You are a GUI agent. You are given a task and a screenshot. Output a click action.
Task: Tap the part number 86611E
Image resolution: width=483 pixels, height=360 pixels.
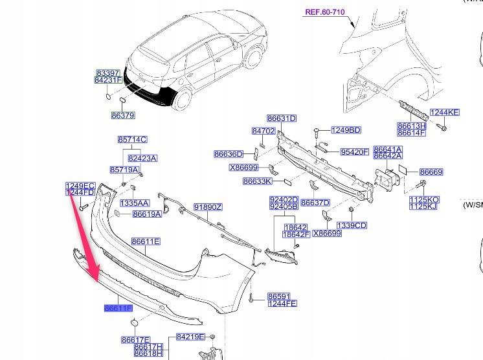pyautogui.click(x=146, y=242)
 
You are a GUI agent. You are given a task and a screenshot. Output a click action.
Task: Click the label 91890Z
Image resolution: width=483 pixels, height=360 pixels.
pyautogui.click(x=208, y=208)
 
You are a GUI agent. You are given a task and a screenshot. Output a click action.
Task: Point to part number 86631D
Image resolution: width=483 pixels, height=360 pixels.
pyautogui.click(x=282, y=118)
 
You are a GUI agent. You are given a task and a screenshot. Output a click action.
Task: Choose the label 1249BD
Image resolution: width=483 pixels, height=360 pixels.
pyautogui.click(x=346, y=130)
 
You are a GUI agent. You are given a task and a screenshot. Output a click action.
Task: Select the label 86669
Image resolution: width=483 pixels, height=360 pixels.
pyautogui.click(x=431, y=172)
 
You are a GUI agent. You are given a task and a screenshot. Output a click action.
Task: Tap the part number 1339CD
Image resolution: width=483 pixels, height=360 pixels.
pyautogui.click(x=352, y=225)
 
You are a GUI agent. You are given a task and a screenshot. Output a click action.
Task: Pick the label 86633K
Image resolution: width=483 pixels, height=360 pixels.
pyautogui.click(x=258, y=182)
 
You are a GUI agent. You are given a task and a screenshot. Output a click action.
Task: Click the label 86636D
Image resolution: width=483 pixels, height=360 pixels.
pyautogui.click(x=229, y=154)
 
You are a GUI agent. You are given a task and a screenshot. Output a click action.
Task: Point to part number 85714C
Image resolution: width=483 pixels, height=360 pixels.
pyautogui.click(x=133, y=139)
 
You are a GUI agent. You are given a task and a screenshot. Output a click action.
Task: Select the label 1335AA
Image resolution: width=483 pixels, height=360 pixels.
pyautogui.click(x=135, y=202)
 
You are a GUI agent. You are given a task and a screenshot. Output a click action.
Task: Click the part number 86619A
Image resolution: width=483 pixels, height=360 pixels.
pyautogui.click(x=147, y=214)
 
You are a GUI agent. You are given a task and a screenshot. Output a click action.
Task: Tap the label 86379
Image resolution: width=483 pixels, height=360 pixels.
pyautogui.click(x=122, y=115)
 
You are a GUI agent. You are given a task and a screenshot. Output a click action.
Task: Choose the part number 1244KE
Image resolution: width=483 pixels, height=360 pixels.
pyautogui.click(x=445, y=113)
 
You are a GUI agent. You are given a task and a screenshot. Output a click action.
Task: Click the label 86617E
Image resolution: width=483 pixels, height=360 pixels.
pyautogui.click(x=135, y=339)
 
